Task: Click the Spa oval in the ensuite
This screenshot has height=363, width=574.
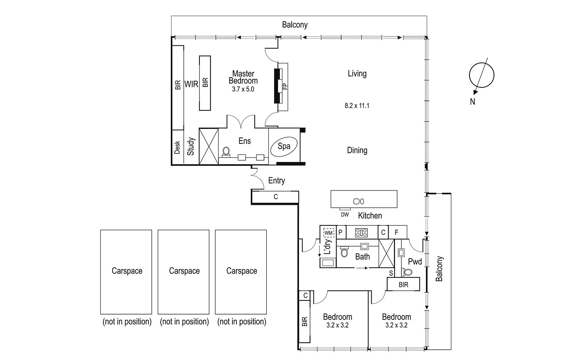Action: (x=284, y=146)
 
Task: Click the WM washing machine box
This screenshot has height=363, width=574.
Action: (x=329, y=233)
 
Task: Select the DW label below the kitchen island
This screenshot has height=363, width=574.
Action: (x=345, y=215)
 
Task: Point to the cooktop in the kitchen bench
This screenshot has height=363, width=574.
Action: (x=361, y=233)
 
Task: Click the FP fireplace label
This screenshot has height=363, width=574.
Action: (x=285, y=86)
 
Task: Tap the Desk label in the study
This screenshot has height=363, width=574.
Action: (x=177, y=147)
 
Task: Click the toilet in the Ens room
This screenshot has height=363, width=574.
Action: (x=226, y=152)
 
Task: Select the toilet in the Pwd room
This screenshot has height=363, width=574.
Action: (x=407, y=272)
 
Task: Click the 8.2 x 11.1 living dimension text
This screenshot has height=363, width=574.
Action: (x=357, y=106)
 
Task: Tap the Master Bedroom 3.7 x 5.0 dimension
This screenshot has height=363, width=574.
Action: (x=243, y=89)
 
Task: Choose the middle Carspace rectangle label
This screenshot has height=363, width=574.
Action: (x=184, y=271)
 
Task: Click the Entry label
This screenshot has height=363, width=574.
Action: (x=277, y=181)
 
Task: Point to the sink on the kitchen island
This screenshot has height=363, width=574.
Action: (x=359, y=201)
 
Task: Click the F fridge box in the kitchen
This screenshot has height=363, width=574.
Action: (x=397, y=233)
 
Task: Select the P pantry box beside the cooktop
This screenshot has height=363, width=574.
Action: (x=340, y=233)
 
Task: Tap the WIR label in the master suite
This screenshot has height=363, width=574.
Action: (x=191, y=84)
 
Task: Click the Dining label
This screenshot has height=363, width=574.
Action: (x=357, y=150)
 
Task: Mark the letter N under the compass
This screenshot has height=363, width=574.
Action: (x=472, y=102)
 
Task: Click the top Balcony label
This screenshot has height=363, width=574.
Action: (x=295, y=25)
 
